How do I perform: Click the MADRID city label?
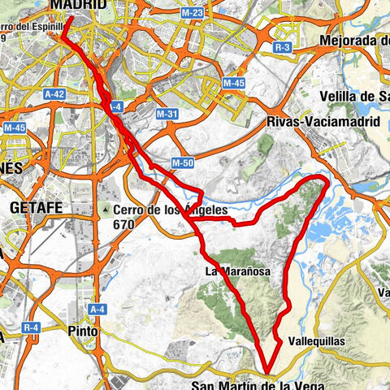[78, 5]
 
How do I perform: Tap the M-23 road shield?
[193, 13]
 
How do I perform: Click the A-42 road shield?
[54, 93]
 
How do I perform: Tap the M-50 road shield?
[181, 163]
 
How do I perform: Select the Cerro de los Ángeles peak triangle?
[106, 210]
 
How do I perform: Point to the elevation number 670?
[123, 224]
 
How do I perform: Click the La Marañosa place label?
[237, 271]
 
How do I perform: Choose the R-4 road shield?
[32, 327]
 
